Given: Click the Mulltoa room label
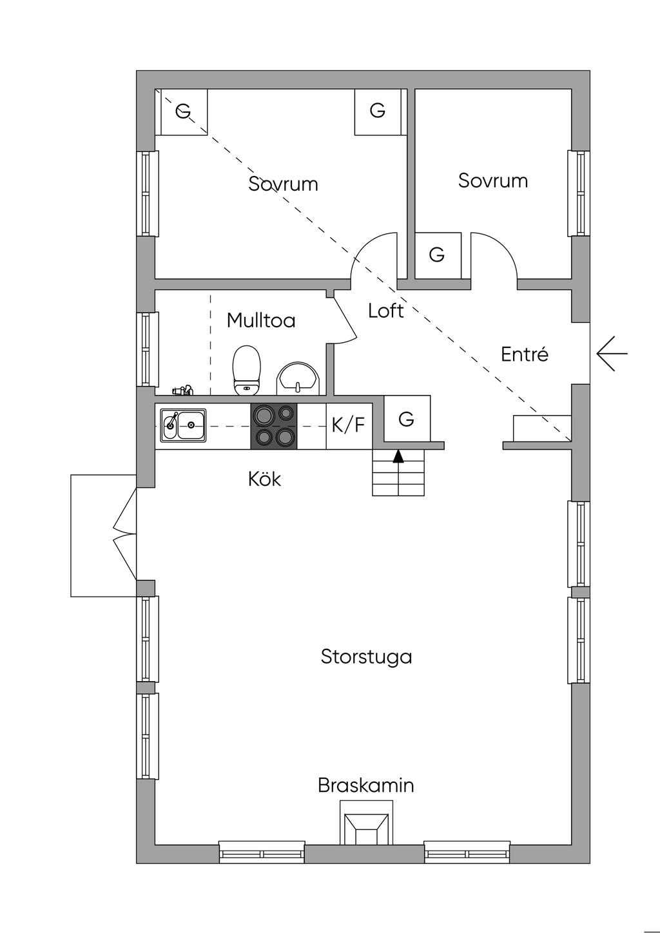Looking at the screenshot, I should (261, 320).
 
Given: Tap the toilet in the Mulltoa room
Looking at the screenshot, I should (246, 370).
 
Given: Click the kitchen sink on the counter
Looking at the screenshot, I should (183, 425).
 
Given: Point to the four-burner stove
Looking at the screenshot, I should (274, 425).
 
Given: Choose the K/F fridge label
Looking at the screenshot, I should (348, 425).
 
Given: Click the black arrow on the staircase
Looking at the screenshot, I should (398, 456).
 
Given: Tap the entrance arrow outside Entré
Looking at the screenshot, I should (611, 354).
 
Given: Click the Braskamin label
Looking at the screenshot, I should (365, 785).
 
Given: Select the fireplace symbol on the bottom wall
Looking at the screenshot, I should (366, 825).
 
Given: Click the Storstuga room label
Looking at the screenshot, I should (366, 657).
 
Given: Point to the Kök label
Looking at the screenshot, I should (264, 479).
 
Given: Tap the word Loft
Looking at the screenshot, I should (386, 311).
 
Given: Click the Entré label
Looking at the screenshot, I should (525, 354).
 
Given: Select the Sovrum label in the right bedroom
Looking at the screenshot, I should (493, 180).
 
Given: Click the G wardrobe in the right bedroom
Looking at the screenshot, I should (437, 255).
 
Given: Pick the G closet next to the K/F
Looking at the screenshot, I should (406, 419).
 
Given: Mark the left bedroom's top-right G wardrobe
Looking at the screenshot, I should (378, 111).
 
